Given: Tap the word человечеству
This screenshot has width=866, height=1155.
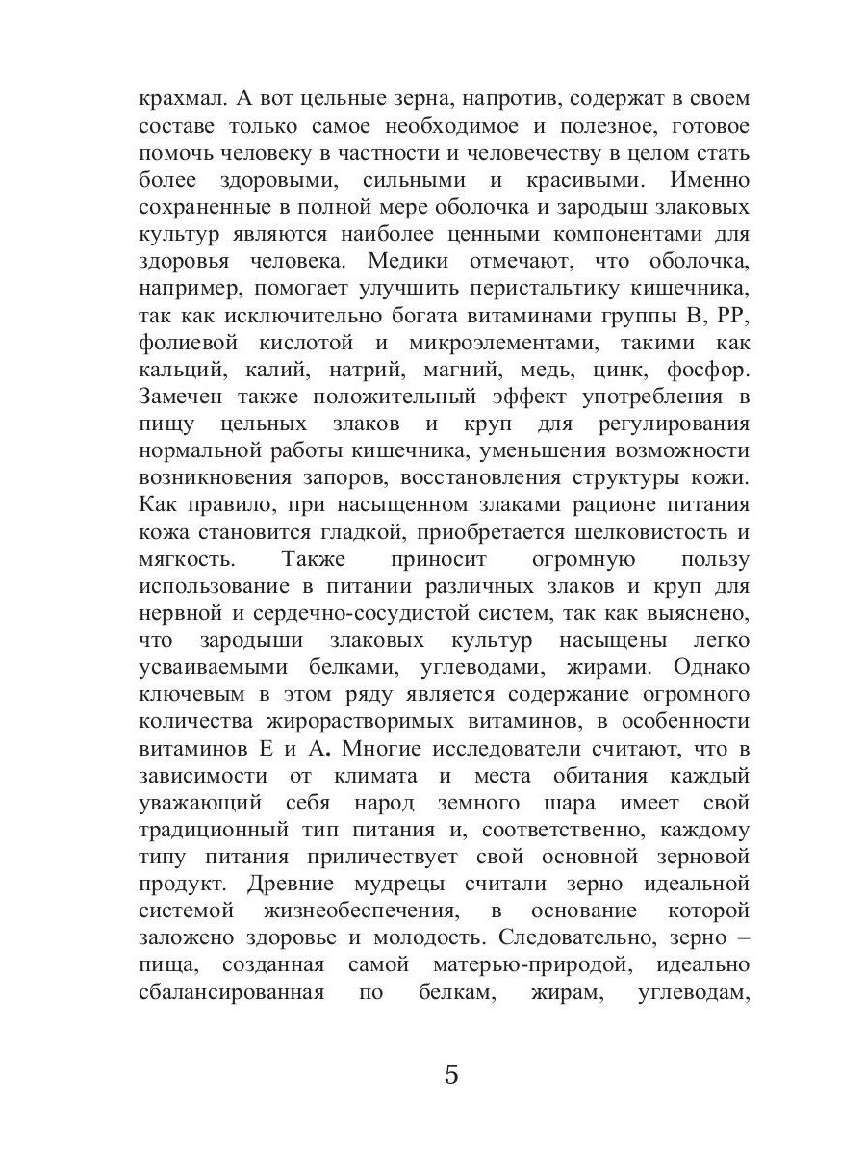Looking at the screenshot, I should [555, 153].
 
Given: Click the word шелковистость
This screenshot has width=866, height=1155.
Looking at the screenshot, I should [639, 530].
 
